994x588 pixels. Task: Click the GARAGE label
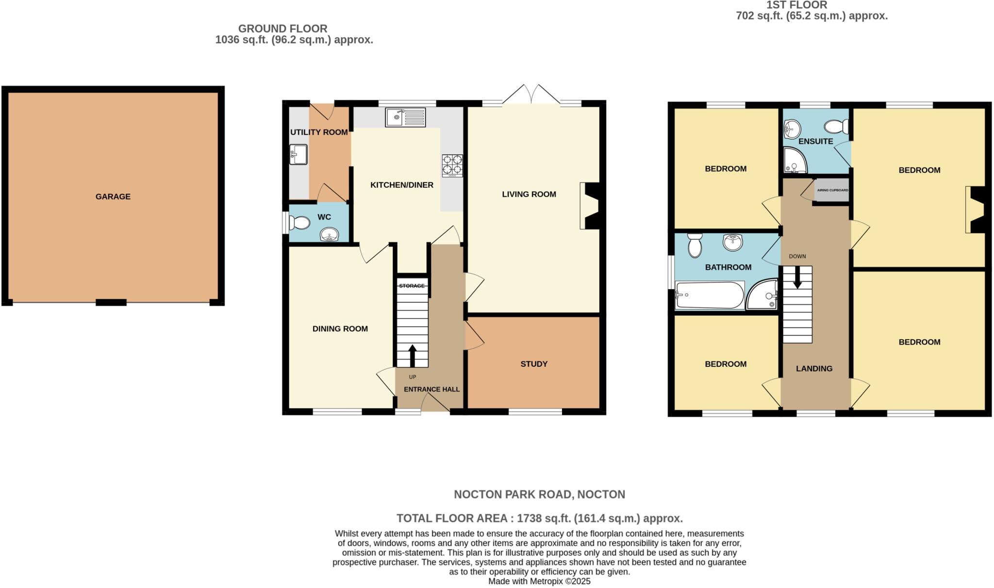pyautogui.click(x=113, y=196)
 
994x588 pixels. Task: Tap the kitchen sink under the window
pyautogui.click(x=405, y=117)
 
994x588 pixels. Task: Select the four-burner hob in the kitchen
pyautogui.click(x=452, y=165)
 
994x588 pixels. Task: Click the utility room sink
pyautogui.click(x=298, y=154)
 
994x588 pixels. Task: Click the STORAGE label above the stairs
pyautogui.click(x=412, y=286)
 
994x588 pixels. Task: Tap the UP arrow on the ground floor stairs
pyautogui.click(x=413, y=356)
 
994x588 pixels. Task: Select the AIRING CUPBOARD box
pyautogui.click(x=832, y=190)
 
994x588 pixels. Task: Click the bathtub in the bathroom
pyautogui.click(x=710, y=295)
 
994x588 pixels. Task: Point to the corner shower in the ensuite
pyautogui.click(x=795, y=161)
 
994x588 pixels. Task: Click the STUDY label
pyautogui.click(x=534, y=364)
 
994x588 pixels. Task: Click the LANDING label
pyautogui.click(x=814, y=369)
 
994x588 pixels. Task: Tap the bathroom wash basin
pyautogui.click(x=732, y=242)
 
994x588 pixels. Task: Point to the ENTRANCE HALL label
pyautogui.click(x=431, y=389)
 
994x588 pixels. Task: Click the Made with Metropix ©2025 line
pyautogui.click(x=539, y=581)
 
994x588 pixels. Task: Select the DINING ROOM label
pyautogui.click(x=340, y=328)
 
